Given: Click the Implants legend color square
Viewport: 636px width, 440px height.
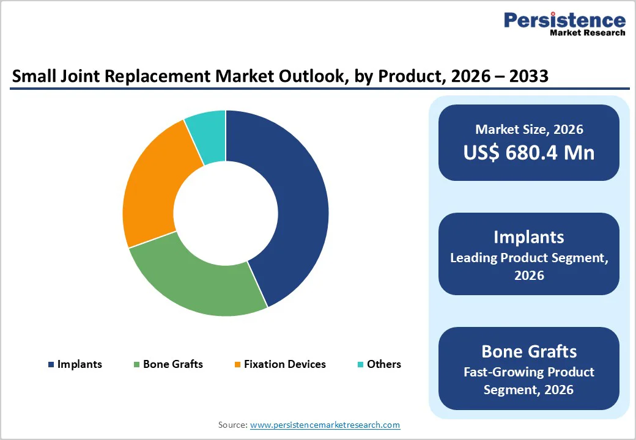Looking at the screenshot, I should [51, 365].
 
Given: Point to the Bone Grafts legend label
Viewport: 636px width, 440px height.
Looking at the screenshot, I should [172, 364].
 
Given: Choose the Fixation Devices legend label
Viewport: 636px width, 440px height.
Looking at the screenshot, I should [284, 364].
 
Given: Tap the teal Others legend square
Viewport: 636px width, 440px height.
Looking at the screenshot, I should [360, 365].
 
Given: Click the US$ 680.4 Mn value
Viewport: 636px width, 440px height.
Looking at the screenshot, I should [528, 152].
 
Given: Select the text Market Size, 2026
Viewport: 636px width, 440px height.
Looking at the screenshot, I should [528, 129].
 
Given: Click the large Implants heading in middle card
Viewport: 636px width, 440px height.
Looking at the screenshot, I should [528, 237].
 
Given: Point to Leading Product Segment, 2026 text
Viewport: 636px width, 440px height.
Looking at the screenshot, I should [528, 266].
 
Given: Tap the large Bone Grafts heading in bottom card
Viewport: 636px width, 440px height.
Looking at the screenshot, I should [528, 351].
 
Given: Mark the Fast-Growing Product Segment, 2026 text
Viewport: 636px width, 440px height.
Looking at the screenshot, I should [528, 380].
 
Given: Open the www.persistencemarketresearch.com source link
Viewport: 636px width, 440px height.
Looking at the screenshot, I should [325, 425].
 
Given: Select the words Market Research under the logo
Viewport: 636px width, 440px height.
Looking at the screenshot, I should [587, 33].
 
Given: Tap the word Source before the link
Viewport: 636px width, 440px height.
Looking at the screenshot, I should [232, 425].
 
